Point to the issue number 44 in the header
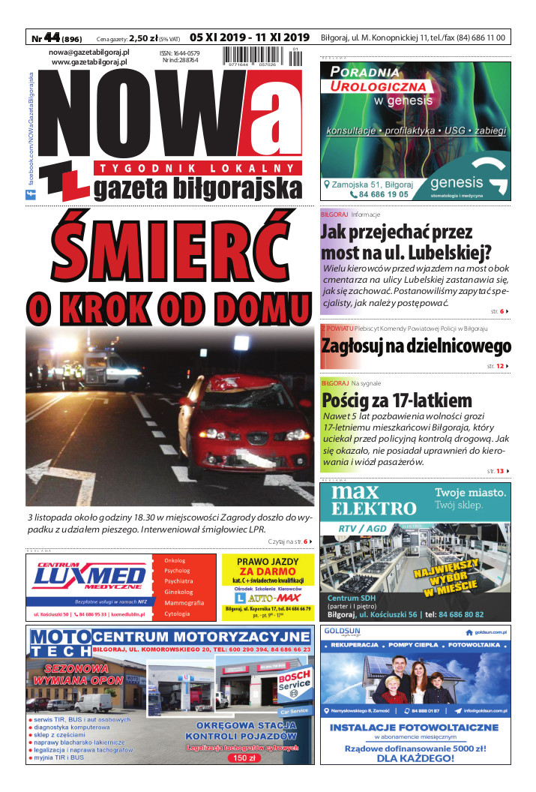[x=52, y=37]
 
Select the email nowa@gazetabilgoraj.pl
[x=89, y=52]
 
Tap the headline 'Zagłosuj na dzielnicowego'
[x=416, y=346]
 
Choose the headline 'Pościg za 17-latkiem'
[x=397, y=400]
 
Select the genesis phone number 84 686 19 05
[x=379, y=194]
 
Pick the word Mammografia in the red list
[x=184, y=603]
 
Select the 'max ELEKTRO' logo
[x=364, y=502]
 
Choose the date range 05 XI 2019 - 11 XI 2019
[x=250, y=37]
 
